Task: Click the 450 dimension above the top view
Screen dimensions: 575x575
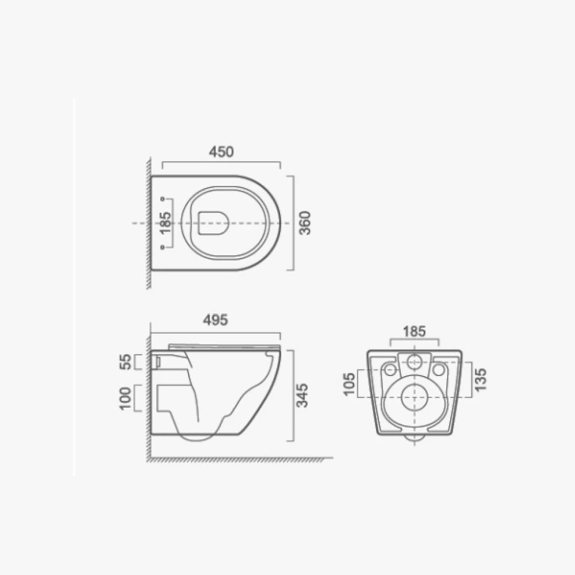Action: (x=221, y=152)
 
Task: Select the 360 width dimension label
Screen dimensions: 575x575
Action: (x=305, y=223)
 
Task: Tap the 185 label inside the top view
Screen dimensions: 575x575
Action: (x=166, y=223)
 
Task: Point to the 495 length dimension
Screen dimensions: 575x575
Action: (x=215, y=320)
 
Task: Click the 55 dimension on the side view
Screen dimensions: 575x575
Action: (x=126, y=362)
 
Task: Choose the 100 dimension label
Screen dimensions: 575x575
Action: (x=125, y=398)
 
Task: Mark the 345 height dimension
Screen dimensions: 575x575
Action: (x=302, y=396)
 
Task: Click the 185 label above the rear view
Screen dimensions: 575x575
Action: (x=415, y=332)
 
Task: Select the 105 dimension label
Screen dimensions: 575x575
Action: (x=349, y=384)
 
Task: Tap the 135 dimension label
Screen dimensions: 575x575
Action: (x=480, y=379)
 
